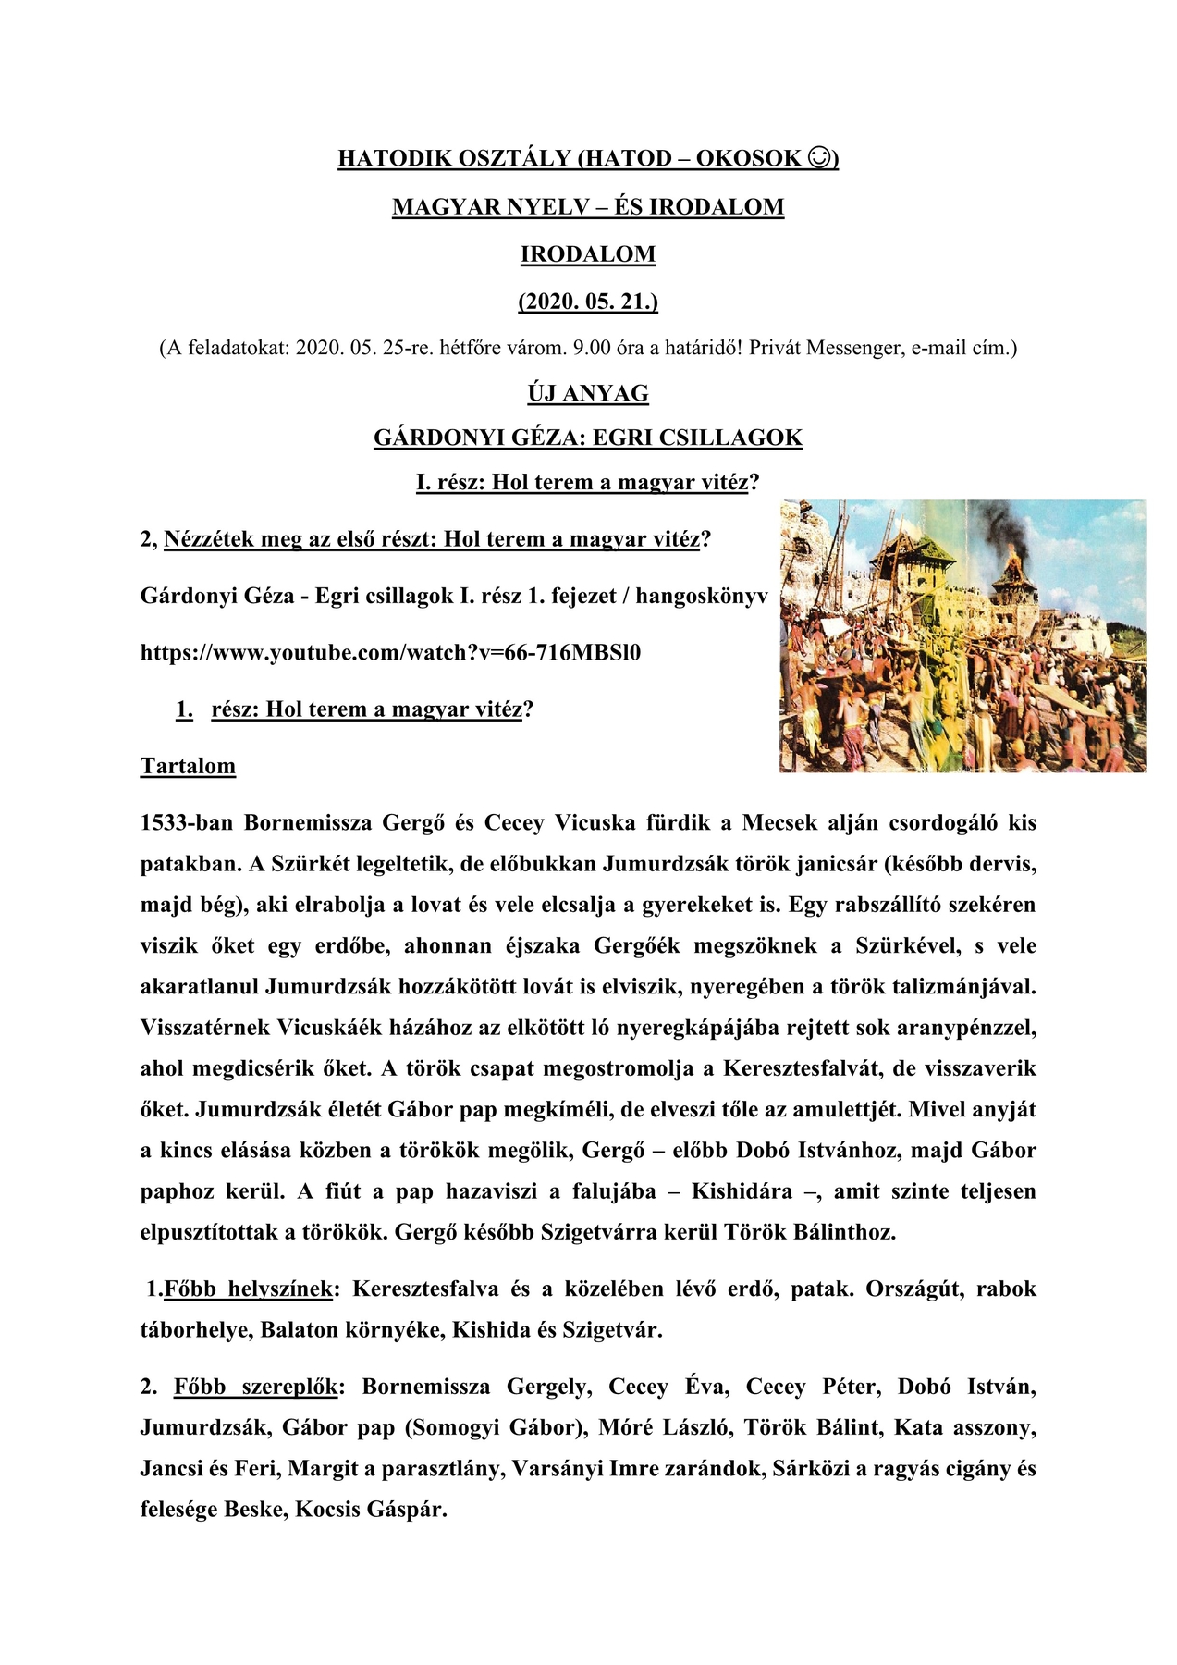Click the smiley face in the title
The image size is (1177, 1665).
pos(819,158)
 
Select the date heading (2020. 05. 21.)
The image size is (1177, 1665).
pos(588,302)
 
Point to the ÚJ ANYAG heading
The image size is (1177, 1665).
pos(588,393)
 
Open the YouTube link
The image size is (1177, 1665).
pos(390,653)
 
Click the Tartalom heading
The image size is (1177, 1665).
pos(188,767)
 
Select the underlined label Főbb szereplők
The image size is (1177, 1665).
pos(255,1387)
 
